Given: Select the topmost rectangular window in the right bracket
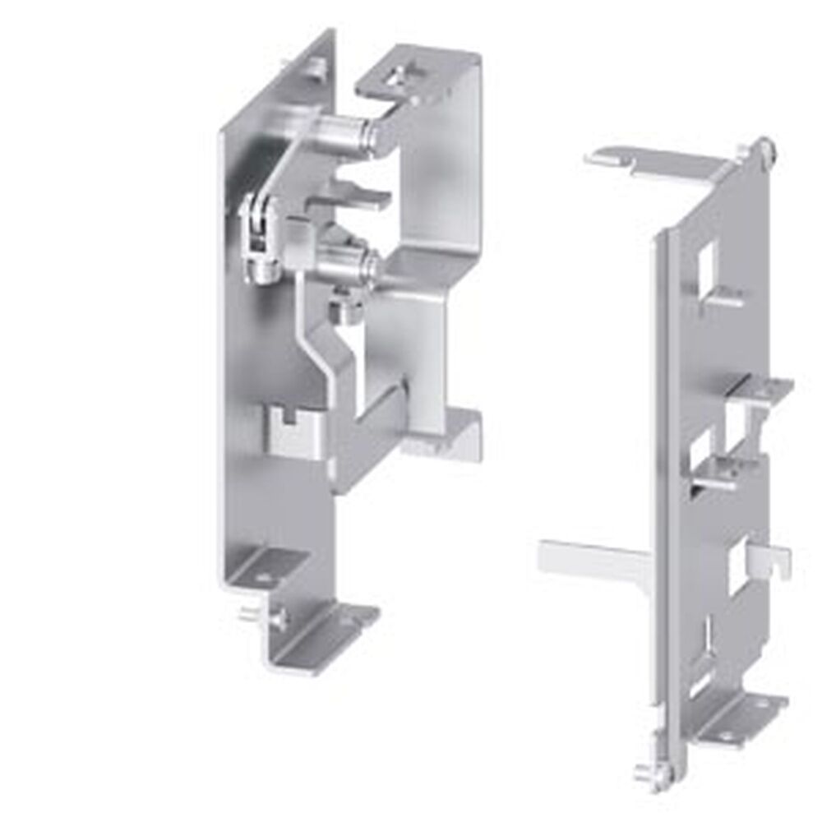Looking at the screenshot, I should pyautogui.click(x=706, y=267).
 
